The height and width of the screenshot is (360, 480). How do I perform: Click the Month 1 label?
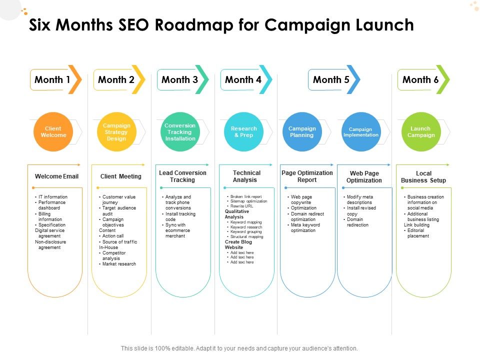pos(52,79)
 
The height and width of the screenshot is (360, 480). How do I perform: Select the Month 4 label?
pos(243,79)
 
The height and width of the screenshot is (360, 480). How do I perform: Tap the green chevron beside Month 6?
pos(443,79)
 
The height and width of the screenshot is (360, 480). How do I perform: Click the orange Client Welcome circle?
pos(53,132)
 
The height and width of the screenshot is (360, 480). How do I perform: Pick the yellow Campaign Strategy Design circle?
pos(116,132)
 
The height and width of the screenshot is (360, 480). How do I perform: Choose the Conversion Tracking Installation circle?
pos(180,132)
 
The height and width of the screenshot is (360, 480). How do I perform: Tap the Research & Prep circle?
pos(243,132)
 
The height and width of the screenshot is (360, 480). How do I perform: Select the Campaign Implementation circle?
pos(361,132)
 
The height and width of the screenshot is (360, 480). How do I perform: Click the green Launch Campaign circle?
pos(421,132)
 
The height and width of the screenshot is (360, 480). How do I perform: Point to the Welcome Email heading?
pos(56,176)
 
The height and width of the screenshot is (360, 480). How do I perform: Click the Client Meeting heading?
pos(121,176)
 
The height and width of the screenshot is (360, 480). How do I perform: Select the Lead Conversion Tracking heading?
pos(183,176)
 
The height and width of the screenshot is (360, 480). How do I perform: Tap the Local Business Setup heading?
pos(423,176)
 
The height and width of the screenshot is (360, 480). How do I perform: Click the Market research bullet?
pos(117,264)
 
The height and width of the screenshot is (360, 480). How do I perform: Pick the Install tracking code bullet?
pos(179,216)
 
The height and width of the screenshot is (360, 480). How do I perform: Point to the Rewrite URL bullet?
pos(240,206)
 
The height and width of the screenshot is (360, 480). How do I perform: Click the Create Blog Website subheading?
pos(238,244)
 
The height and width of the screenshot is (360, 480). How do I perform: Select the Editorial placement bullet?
pos(416,233)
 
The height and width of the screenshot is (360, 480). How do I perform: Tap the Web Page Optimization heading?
pos(364,176)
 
